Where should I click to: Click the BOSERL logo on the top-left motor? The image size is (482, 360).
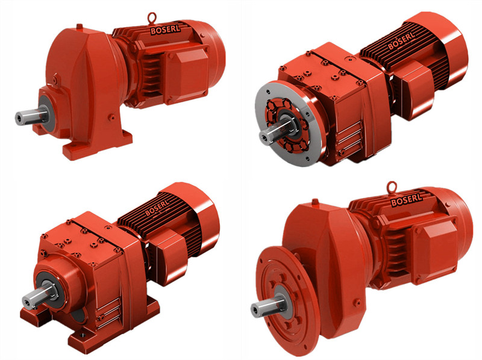tap(165, 29)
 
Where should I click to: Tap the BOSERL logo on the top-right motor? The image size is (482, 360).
tap(401, 41)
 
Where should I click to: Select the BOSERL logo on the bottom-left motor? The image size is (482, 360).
tap(157, 208)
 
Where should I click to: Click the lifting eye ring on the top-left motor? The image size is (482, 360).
tap(152, 17)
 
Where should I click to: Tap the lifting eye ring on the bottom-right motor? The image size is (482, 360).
tap(392, 187)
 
